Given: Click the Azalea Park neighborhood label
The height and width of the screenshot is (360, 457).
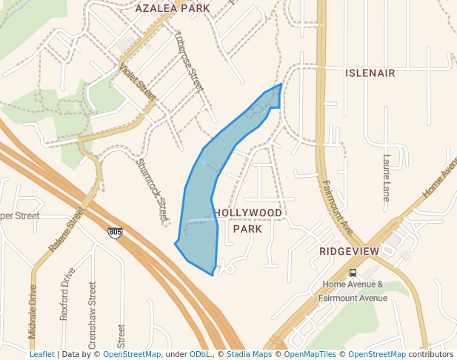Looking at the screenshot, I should point(172,8).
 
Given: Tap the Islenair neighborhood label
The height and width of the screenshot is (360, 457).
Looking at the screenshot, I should point(370,73).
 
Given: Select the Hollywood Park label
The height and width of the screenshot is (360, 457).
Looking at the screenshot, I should point(248,221).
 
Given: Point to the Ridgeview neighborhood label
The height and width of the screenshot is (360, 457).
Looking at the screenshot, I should point(349,251).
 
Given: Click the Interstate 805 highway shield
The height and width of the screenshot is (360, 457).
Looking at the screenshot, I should point(115,233).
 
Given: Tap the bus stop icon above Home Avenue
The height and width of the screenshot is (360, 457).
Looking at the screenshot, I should point(353,272).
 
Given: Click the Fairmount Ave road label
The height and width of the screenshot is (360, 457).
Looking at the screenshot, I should point(338,208).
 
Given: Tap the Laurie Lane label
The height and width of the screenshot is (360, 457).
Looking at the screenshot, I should point(386,178).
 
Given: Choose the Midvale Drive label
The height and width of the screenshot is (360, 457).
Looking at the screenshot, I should point(33,312).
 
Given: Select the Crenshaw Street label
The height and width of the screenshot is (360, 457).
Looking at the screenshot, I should point(93,309).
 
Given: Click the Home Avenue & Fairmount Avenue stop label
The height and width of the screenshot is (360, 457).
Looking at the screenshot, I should point(353,291).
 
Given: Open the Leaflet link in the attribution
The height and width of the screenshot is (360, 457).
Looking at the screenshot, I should point(41,354).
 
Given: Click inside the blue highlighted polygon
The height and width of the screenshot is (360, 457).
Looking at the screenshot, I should point(199,215).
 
